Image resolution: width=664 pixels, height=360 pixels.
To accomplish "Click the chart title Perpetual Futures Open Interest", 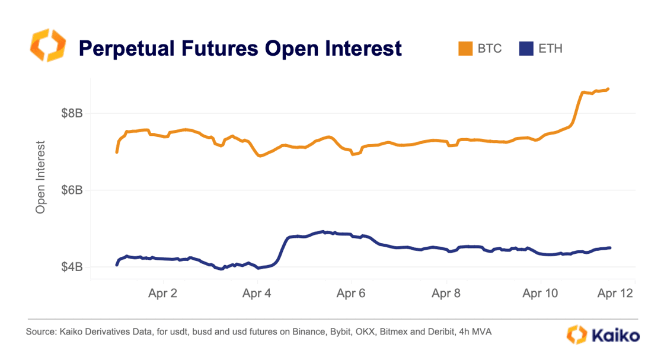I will pos(240,48).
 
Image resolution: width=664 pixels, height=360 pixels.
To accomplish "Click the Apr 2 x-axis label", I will pos(162,293).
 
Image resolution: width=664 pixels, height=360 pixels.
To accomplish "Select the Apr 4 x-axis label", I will pos(257,293).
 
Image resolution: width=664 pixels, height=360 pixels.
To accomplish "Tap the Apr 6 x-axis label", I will pos(352,293).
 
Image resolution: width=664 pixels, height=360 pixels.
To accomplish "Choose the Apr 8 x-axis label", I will pos(446,293).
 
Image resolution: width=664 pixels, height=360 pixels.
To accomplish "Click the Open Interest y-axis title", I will pos(40,177).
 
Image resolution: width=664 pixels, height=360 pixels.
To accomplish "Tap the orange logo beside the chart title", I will pos(46,46).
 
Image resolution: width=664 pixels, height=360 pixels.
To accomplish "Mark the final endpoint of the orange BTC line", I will pos(608,89).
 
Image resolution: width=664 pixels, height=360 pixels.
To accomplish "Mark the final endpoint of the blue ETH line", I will pos(609,248).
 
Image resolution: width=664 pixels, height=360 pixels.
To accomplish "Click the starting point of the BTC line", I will pos(117,152).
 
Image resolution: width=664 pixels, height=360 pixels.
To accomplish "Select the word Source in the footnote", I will pos(40,333).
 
